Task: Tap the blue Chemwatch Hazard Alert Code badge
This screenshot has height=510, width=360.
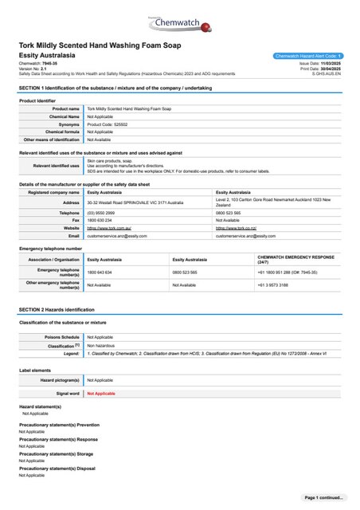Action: tap(307, 56)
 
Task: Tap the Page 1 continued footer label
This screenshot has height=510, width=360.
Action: tap(324, 497)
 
